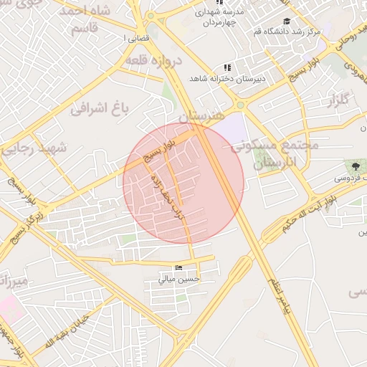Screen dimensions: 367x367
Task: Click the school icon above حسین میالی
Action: pos(178,267)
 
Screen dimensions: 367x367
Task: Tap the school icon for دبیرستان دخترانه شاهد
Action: pos(227,67)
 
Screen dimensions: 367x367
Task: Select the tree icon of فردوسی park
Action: pos(356,166)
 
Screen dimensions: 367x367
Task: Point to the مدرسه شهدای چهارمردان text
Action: pos(214,18)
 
